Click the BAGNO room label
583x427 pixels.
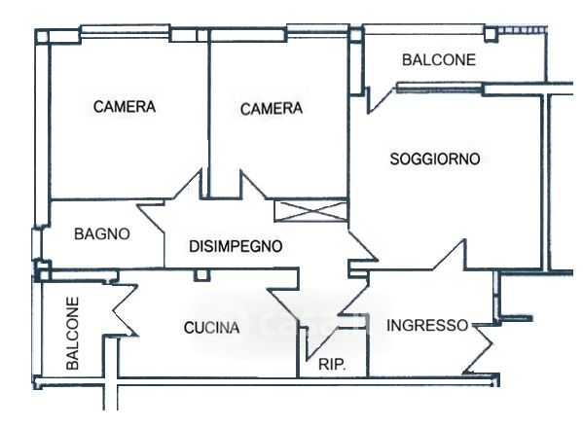[102, 234]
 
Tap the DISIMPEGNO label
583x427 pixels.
[236, 246]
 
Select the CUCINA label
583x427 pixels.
[211, 328]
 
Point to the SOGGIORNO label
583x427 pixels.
[435, 159]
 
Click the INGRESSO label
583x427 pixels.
[427, 325]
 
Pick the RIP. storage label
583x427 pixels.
[332, 365]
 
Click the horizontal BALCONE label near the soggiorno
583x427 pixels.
[439, 60]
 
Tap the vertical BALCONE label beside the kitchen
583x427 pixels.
[72, 333]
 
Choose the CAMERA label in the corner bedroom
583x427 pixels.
[125, 107]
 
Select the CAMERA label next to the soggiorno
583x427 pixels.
[272, 109]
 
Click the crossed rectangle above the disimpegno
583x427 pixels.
[310, 211]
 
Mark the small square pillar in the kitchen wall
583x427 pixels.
[201, 275]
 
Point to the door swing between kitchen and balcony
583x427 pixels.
[125, 310]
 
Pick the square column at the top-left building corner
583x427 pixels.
[42, 36]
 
